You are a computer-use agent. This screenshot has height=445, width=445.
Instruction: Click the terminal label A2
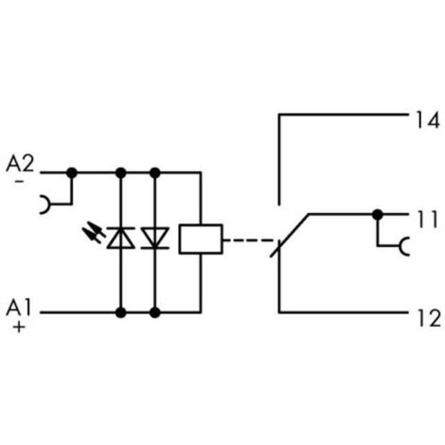pos(20,164)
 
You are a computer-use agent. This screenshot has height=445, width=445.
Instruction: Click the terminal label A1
pos(19,308)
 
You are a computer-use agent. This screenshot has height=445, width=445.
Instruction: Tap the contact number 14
pos(428,120)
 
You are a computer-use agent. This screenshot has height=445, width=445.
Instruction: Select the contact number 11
pos(428,219)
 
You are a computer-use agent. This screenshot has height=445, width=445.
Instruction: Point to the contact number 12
pos(429,318)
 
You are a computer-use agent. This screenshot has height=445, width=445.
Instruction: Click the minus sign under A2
pos(20,181)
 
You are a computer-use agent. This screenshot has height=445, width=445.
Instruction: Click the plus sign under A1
pos(19,327)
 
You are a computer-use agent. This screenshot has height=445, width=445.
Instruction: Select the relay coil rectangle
pos(201,239)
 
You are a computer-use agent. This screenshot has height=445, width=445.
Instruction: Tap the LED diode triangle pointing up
pos(120,238)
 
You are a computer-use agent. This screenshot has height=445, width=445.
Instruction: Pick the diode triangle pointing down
pos(154,238)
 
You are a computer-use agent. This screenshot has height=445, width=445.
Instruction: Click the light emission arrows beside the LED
pos(94,232)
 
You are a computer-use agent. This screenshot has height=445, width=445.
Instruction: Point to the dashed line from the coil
pos(248,240)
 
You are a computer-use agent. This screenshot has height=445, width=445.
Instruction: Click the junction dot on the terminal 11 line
pos(378,215)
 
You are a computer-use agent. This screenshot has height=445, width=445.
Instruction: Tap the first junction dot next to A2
pos(72,173)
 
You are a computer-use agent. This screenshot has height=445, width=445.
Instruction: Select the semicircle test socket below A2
pos(45,205)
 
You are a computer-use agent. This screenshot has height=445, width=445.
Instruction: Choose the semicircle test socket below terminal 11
pos(404,246)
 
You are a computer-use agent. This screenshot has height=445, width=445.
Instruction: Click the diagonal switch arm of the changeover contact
pos(290,235)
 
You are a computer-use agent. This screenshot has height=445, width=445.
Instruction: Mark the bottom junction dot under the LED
pos(120,312)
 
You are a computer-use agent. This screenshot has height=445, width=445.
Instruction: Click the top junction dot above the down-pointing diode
pos(154,173)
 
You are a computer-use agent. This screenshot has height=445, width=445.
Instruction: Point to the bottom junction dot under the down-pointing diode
pos(154,312)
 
